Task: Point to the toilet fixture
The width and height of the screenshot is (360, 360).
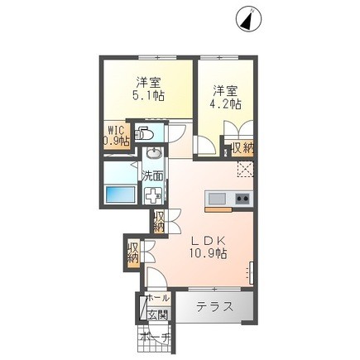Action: point(145,132)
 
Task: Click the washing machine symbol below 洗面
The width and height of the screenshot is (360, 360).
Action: point(153,196)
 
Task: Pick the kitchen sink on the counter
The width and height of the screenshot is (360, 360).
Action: point(216,199)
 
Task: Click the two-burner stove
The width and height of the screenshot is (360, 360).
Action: point(242,199)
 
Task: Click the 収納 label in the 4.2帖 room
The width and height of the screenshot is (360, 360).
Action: point(242,146)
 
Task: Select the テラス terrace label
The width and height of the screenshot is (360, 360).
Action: point(214,307)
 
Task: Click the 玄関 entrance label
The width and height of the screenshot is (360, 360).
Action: point(156,314)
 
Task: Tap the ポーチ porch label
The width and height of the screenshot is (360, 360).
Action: point(155,338)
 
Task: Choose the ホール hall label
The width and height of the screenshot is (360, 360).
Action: point(157,298)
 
